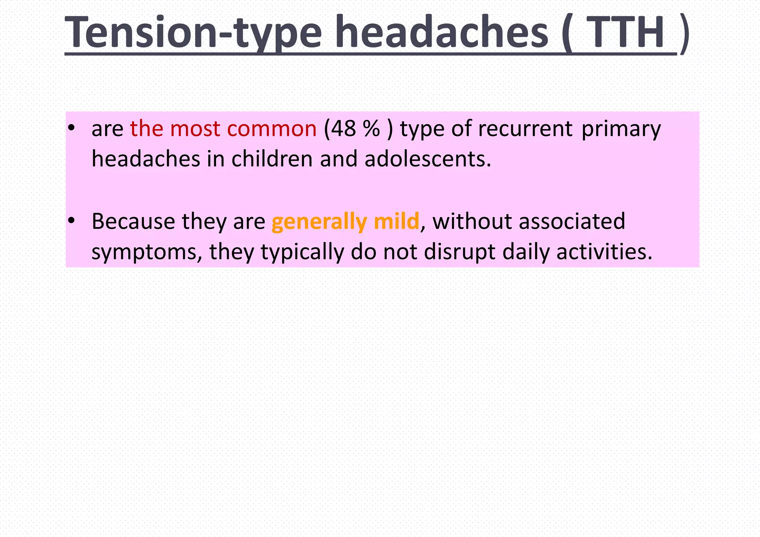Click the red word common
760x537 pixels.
[x=272, y=129]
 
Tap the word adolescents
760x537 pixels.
[x=427, y=159]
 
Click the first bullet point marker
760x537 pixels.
[x=72, y=128]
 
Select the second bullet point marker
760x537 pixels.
[x=72, y=221]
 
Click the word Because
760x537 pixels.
[x=133, y=222]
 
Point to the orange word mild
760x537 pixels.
[x=396, y=222]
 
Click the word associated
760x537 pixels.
[x=571, y=222]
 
